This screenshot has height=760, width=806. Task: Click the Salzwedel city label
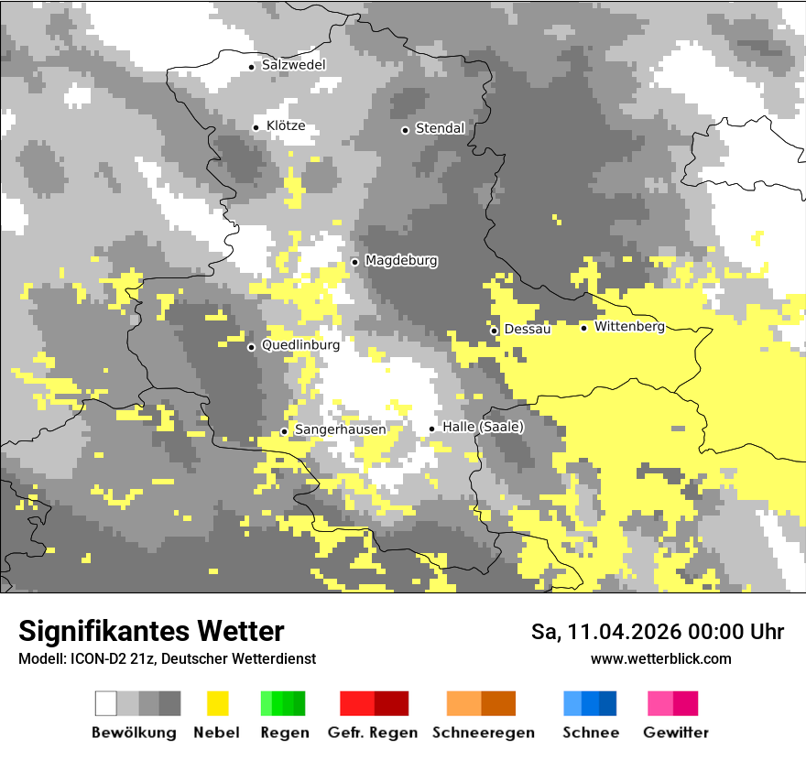tap(293, 65)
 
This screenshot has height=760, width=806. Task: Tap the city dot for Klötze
tap(256, 127)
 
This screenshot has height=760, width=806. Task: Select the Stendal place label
tap(440, 129)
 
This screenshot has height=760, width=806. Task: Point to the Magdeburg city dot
tap(354, 262)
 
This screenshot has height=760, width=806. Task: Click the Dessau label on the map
tap(528, 329)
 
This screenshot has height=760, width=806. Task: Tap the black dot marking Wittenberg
tap(583, 328)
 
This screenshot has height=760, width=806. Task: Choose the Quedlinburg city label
tap(300, 345)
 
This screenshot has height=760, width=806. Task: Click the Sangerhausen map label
tap(340, 429)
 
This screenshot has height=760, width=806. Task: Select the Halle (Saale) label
tap(483, 427)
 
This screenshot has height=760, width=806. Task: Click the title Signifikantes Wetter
tap(151, 631)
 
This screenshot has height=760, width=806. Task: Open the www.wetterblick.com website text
tap(660, 658)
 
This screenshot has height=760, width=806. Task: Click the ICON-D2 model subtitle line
tap(167, 658)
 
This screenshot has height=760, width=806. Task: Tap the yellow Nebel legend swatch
tap(217, 703)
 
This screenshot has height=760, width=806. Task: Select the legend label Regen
tap(284, 733)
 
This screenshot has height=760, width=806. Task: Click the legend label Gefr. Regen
tap(373, 733)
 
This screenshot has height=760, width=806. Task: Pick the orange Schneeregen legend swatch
tap(481, 703)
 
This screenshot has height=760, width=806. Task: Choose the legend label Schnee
tap(590, 733)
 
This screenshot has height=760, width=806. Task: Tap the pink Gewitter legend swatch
tap(673, 703)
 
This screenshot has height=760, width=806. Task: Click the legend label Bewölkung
tap(134, 733)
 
